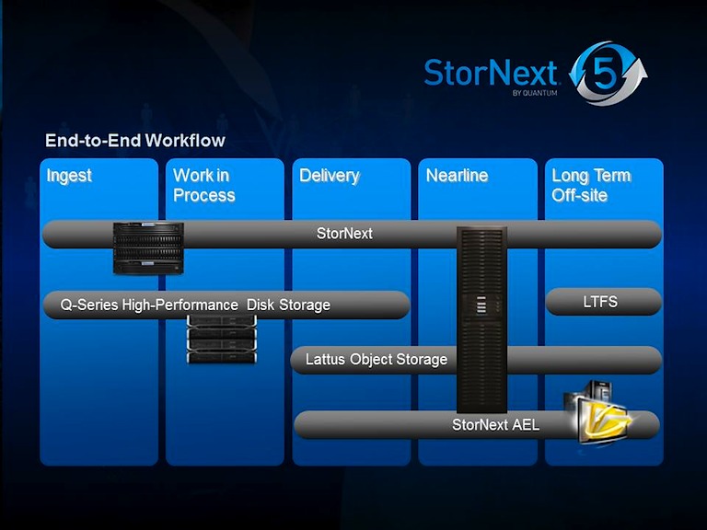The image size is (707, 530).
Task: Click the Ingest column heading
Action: [69, 176]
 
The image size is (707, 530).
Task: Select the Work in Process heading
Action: [203, 185]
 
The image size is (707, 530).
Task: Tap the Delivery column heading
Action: [329, 176]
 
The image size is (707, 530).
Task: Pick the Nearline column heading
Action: [457, 176]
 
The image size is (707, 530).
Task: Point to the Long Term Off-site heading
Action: [591, 185]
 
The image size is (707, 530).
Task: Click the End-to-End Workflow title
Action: [135, 141]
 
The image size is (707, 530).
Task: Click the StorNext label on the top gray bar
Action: [344, 234]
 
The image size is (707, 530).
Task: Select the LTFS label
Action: [600, 302]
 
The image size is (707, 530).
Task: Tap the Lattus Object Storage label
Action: [376, 360]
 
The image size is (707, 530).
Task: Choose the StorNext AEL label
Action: [495, 425]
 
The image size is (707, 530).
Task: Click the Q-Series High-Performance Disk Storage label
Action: [189, 305]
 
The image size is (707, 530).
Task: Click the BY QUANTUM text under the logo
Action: [535, 93]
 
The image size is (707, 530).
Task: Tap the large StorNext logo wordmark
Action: [491, 73]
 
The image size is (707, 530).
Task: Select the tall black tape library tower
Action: [482, 317]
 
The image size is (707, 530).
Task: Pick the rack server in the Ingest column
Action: [148, 248]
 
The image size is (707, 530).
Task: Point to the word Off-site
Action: [579, 195]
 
